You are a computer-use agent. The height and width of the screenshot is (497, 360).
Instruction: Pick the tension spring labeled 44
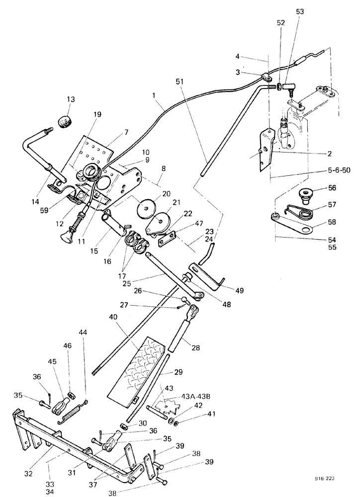pos(74,412)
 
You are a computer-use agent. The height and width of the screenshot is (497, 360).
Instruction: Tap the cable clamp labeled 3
pos(267,77)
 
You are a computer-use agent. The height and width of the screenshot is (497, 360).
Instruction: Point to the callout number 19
pos(96,114)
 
